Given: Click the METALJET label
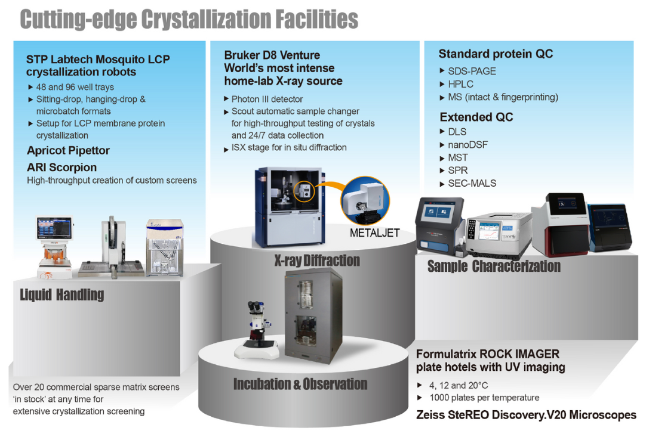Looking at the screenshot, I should click(374, 233).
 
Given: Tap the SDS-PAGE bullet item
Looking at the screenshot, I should click(472, 71).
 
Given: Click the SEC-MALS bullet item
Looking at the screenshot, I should click(472, 184).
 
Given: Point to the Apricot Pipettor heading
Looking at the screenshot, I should click(68, 151).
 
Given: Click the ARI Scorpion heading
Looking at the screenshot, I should click(61, 168).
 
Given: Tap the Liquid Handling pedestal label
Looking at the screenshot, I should click(62, 294).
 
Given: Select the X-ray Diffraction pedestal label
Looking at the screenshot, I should click(317, 261).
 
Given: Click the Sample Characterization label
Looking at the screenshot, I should click(494, 266).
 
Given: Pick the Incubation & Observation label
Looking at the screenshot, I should click(300, 384).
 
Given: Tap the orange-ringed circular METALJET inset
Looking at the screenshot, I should click(364, 201).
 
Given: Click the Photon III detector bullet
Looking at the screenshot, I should click(267, 99).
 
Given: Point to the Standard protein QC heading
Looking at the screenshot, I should click(496, 54).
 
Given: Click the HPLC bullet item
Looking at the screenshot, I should click(460, 84).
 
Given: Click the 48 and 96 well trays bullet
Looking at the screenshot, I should click(75, 87).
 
